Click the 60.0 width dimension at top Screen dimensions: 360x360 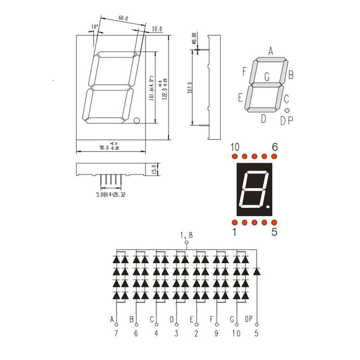(x=123, y=18)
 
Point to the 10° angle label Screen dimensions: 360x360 (x=94, y=27)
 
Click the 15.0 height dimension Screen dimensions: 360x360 (x=153, y=170)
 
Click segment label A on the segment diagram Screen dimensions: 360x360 (x=271, y=50)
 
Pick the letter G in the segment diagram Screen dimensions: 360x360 (x=267, y=77)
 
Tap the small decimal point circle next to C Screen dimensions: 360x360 (x=287, y=110)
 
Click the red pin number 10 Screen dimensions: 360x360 (x=235, y=147)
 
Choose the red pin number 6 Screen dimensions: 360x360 (x=275, y=147)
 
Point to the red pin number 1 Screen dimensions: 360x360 (x=234, y=232)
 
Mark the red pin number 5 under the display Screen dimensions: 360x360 (x=275, y=232)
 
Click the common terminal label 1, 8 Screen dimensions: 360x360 (x=186, y=235)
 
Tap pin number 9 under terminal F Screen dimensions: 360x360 (x=216, y=333)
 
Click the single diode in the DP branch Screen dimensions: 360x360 (x=257, y=271)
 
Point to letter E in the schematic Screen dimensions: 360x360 (x=192, y=319)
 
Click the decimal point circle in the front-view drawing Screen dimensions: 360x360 (x=137, y=120)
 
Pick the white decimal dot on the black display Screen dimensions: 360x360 (x=269, y=207)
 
